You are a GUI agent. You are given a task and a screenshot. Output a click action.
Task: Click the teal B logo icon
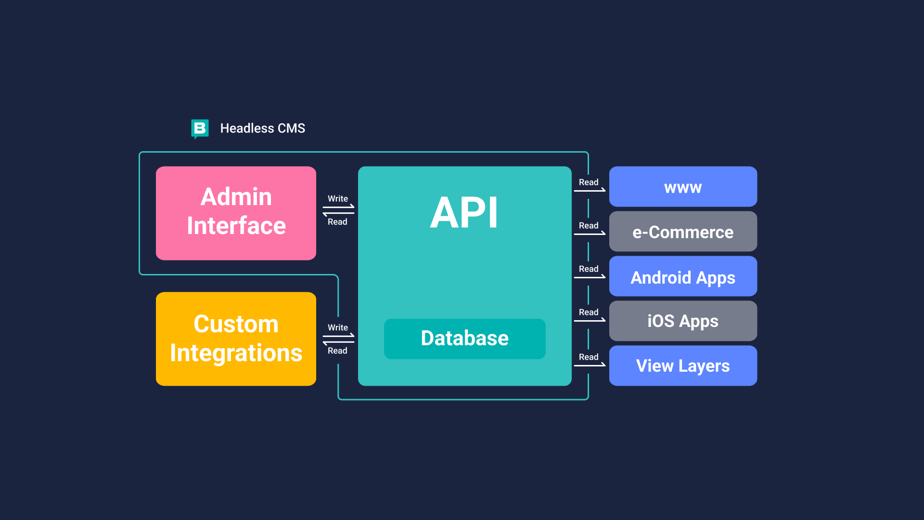click(200, 129)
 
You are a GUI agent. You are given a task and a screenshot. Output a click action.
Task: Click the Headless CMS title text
click(263, 129)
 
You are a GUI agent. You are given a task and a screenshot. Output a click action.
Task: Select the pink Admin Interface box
click(236, 213)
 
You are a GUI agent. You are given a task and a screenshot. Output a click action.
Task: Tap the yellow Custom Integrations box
click(236, 339)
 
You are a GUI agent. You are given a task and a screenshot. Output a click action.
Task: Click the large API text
click(464, 212)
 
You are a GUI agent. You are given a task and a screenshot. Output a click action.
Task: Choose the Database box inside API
click(465, 338)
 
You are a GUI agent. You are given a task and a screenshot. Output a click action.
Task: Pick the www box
click(683, 187)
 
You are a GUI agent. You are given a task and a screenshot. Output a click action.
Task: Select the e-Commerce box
click(683, 232)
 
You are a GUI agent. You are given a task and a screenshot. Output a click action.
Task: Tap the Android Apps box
click(683, 276)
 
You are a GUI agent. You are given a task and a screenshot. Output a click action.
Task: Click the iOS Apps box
click(683, 321)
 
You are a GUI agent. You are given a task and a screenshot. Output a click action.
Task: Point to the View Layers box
click(683, 366)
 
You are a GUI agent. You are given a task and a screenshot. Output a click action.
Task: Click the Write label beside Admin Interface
click(338, 199)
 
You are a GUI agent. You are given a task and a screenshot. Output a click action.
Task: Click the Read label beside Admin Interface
click(337, 222)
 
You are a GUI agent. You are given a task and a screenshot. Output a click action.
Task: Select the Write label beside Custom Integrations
click(338, 328)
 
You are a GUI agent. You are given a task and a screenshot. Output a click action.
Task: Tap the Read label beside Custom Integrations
click(337, 351)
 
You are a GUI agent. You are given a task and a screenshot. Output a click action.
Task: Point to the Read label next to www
click(589, 182)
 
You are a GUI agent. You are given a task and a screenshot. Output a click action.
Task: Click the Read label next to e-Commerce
click(589, 226)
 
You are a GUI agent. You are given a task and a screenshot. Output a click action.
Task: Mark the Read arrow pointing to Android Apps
click(590, 276)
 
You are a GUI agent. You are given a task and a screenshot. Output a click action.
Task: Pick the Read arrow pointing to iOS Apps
click(590, 320)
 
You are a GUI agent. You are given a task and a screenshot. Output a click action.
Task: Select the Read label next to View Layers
click(589, 357)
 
